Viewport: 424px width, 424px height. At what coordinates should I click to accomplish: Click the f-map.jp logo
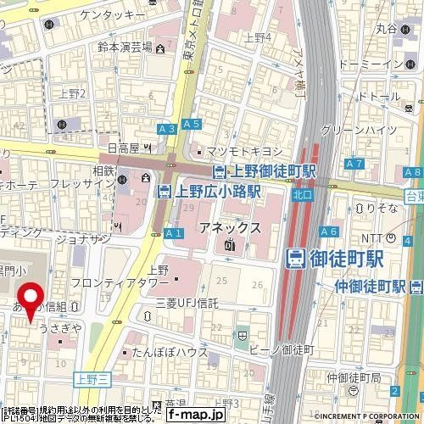pos(195,416)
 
